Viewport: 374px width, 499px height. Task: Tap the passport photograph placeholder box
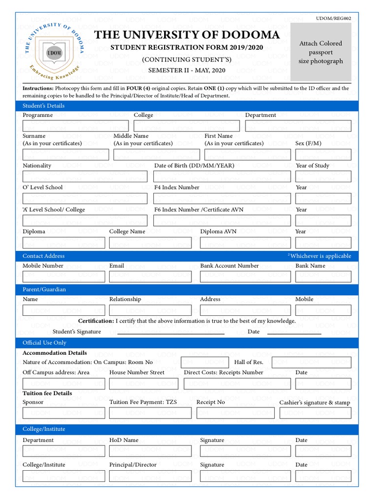[x=320, y=52]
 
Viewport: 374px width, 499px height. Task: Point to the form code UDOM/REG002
[x=334, y=18]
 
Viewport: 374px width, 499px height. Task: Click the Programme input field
[x=75, y=126]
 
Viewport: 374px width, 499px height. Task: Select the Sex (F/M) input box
[x=323, y=154]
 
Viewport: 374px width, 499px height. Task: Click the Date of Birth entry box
[x=222, y=176]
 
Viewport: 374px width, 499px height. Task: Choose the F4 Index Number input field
[x=222, y=198]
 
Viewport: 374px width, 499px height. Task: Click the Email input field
[x=150, y=277]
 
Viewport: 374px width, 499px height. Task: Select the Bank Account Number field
[x=245, y=277]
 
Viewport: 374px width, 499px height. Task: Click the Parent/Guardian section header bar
[x=187, y=289]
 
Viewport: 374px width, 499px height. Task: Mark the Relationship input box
[x=150, y=310]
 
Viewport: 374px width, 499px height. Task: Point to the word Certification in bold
[x=96, y=321]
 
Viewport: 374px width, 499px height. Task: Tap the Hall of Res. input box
[x=311, y=362]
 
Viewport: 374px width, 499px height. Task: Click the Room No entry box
[x=205, y=362]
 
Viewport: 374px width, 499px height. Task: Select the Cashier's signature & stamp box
[x=323, y=413]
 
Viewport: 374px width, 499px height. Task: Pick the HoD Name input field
[x=150, y=451]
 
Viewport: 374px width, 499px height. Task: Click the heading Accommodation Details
[x=55, y=353]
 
